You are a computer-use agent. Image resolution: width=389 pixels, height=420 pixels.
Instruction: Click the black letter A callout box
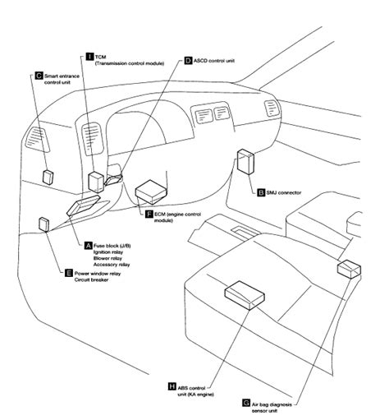pyautogui.click(x=88, y=246)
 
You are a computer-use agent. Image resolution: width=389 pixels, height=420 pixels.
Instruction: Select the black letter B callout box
pyautogui.click(x=261, y=192)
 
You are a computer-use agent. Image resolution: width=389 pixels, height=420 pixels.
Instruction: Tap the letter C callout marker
pyautogui.click(x=39, y=76)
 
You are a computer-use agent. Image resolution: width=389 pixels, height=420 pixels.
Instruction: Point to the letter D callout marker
pyautogui.click(x=188, y=61)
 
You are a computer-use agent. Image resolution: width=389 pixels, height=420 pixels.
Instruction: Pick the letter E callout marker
pyautogui.click(x=69, y=273)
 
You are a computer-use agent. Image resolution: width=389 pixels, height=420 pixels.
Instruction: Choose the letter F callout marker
pyautogui.click(x=149, y=214)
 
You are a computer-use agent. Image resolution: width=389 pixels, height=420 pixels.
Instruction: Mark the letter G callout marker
pyautogui.click(x=246, y=403)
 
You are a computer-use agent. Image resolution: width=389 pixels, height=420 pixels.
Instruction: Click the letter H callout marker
pyautogui.click(x=172, y=386)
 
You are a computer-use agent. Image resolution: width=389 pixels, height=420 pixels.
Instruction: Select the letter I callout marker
pyautogui.click(x=89, y=57)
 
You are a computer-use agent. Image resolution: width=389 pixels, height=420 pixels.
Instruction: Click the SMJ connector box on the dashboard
pyautogui.click(x=245, y=162)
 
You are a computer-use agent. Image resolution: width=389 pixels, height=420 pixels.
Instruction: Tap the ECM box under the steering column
pyautogui.click(x=151, y=192)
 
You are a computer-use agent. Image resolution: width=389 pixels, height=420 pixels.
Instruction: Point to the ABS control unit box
pyautogui.click(x=245, y=295)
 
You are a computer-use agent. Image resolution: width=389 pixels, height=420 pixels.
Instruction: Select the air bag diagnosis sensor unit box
pyautogui.click(x=349, y=269)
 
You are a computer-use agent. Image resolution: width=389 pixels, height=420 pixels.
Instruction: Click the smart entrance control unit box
pyautogui.click(x=48, y=177)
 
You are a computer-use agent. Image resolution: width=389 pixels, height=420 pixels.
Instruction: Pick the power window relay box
pyautogui.click(x=44, y=224)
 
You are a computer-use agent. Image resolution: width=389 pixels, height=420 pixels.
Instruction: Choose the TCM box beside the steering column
pyautogui.click(x=96, y=182)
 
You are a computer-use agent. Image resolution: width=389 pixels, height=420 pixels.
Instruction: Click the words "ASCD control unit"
pyautogui.click(x=214, y=61)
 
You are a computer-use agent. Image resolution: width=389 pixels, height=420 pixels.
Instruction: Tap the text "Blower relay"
pyautogui.click(x=108, y=258)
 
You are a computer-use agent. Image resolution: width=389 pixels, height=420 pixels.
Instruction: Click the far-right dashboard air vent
pyautogui.click(x=272, y=108)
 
